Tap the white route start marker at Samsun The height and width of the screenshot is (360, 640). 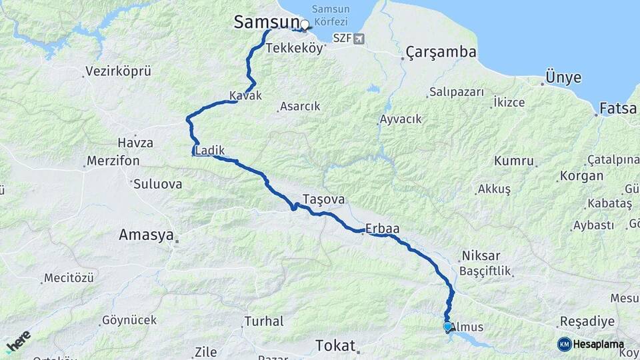click(305, 25)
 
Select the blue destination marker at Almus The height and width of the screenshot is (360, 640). click(447, 327)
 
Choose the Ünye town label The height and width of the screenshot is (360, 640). click(563, 77)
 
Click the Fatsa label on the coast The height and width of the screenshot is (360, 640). click(617, 108)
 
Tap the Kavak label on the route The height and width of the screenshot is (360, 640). click(245, 96)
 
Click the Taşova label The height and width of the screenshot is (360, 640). click(323, 199)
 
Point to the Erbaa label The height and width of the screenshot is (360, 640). click(383, 229)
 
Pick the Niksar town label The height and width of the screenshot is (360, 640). click(480, 256)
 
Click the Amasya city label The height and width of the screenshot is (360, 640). click(146, 235)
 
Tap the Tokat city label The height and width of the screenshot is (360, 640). click(335, 345)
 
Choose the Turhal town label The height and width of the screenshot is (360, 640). click(264, 321)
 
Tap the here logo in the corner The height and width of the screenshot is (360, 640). click(19, 341)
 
